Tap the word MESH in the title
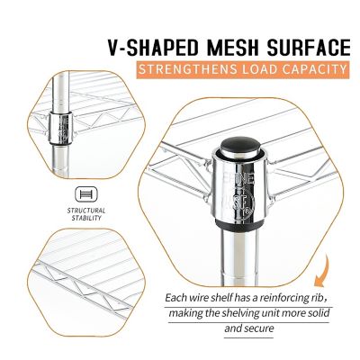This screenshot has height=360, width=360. pyautogui.click(x=232, y=48)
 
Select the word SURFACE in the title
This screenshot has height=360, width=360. pyautogui.click(x=309, y=48)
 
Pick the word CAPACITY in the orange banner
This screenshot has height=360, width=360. pyautogui.click(x=314, y=69)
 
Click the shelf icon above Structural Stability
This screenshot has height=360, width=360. pyautogui.click(x=86, y=193)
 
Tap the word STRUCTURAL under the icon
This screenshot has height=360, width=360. pyautogui.click(x=86, y=211)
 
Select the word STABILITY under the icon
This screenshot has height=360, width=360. pyautogui.click(x=86, y=218)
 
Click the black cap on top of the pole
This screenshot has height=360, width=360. pyautogui.click(x=240, y=148)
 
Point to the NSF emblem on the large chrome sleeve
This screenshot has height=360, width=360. pyautogui.click(x=243, y=204)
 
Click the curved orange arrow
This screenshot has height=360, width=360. pyautogui.click(x=321, y=273)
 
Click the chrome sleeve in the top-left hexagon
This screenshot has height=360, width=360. pyautogui.click(x=60, y=128)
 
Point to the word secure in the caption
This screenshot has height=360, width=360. pyautogui.click(x=259, y=328)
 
